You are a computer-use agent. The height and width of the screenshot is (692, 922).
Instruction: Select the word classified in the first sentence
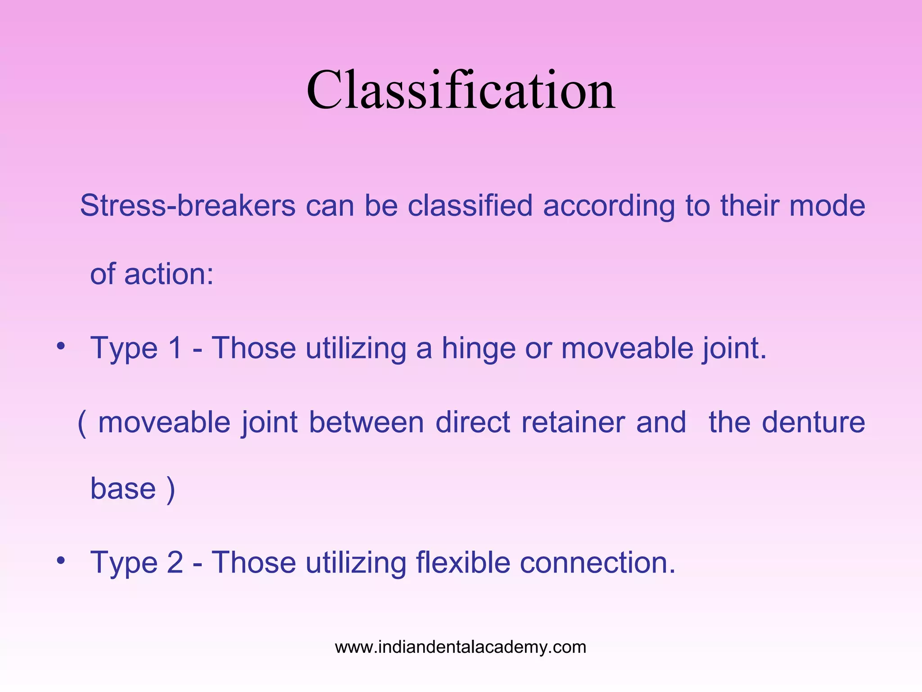[470, 206]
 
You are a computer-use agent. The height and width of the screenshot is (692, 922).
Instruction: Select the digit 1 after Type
[175, 348]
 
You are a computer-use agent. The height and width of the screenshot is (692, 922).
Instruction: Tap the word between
[366, 423]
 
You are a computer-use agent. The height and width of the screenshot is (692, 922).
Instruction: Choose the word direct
[473, 423]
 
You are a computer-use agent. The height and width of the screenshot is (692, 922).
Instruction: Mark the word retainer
[573, 423]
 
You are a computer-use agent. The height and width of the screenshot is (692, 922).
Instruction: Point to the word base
[123, 489]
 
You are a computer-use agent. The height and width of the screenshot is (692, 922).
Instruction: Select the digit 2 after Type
[175, 563]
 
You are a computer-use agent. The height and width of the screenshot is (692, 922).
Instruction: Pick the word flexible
[462, 563]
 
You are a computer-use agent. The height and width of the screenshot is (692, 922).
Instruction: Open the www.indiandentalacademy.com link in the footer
[461, 647]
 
